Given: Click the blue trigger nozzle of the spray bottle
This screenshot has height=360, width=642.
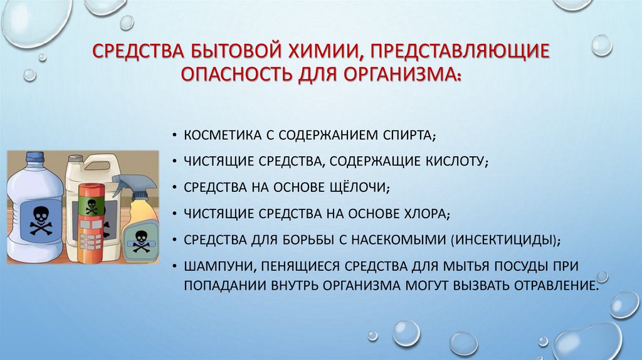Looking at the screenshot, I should click(126, 183).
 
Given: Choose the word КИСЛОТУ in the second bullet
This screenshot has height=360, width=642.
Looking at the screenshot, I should click(455, 162).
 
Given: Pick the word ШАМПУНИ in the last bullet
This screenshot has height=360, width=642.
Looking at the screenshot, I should click(213, 266).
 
